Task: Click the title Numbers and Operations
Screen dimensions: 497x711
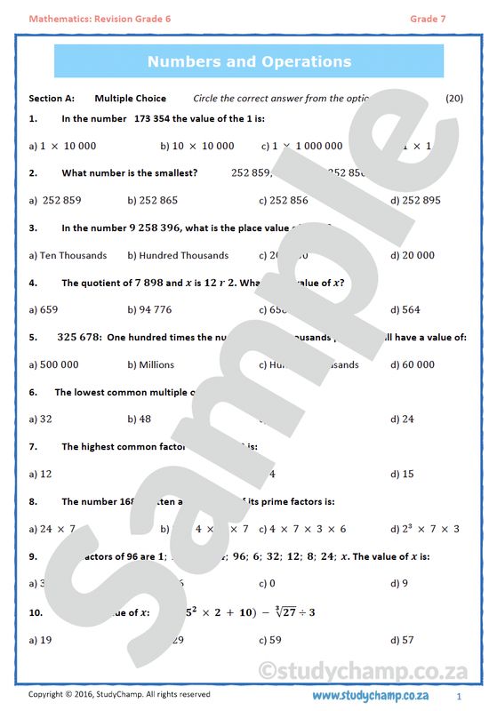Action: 249,61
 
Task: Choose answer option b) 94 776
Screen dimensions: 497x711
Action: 150,310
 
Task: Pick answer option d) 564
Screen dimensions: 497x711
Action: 405,310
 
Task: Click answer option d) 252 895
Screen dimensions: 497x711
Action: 415,201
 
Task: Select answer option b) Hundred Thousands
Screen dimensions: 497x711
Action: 178,255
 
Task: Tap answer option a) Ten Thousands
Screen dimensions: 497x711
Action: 68,255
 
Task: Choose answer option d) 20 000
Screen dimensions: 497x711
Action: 413,255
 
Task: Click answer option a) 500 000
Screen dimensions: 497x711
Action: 53,364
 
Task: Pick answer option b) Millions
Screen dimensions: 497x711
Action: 151,364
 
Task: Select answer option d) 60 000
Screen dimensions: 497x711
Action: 413,364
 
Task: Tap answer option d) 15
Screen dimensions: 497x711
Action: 402,474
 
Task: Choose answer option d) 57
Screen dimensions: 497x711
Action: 402,639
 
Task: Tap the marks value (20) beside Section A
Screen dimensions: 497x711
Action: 454,98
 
